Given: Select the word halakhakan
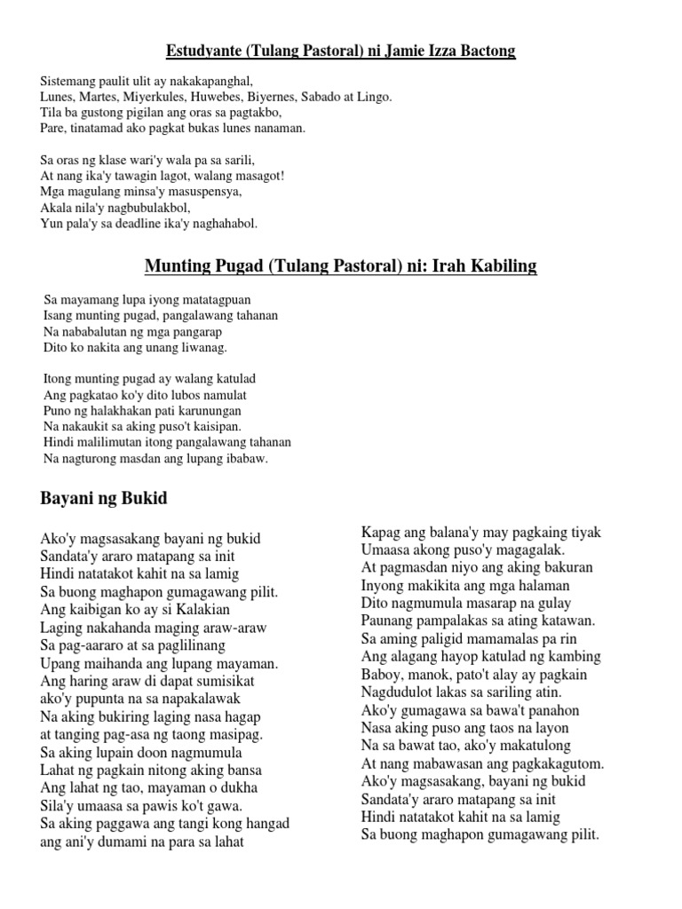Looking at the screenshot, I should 122,411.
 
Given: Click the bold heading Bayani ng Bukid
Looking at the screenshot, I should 104,499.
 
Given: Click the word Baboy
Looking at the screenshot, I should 382,675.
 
